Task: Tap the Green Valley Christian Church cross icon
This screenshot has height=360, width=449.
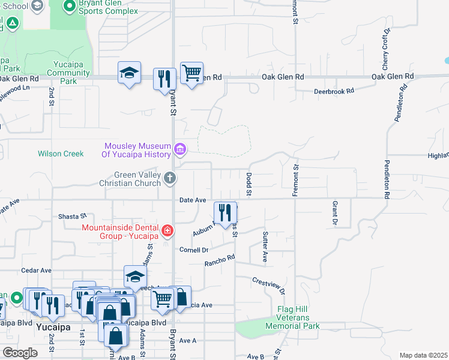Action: click(170, 178)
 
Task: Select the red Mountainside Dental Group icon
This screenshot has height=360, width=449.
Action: click(167, 230)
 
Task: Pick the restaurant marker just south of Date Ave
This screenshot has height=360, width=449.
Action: click(225, 212)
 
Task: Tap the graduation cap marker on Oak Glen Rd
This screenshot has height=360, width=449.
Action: click(129, 73)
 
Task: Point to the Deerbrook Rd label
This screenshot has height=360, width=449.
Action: click(334, 91)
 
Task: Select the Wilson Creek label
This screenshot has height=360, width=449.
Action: click(61, 154)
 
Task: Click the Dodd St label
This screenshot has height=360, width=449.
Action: click(249, 184)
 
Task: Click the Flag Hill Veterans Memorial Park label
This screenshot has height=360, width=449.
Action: click(298, 318)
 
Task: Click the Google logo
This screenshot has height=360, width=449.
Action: click(20, 353)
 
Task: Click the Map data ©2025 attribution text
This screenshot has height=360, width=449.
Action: click(423, 355)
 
